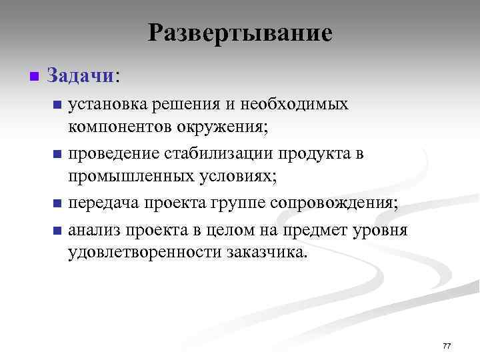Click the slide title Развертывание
[x=240, y=33]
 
